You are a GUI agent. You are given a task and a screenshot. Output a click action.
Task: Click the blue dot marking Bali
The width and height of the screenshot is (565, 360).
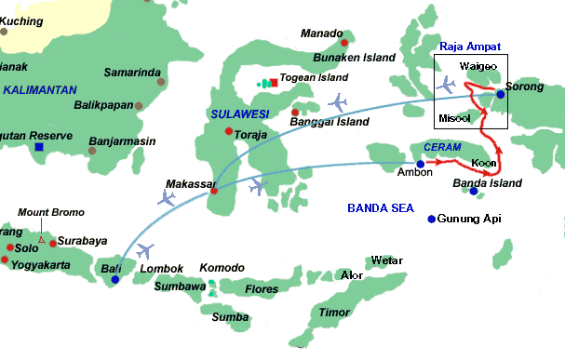coord(114,279)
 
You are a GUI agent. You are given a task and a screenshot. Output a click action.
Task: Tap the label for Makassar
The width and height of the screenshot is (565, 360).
coord(190,184)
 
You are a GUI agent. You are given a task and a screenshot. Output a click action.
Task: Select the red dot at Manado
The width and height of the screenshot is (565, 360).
coord(344,43)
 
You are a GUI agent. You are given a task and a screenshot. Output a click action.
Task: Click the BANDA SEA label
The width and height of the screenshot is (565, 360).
coord(379,207)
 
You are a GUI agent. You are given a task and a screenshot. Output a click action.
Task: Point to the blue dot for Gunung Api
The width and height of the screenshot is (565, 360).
coord(431,220)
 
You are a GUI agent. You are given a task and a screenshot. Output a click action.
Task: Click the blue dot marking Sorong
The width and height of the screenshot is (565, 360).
coord(500,94)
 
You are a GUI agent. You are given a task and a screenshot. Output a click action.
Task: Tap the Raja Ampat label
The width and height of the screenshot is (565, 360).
coord(470,46)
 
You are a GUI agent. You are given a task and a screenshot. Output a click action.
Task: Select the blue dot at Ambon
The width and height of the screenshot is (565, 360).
coord(420,165)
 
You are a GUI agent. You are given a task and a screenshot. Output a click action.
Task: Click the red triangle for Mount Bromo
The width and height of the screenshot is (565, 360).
coord(41,239)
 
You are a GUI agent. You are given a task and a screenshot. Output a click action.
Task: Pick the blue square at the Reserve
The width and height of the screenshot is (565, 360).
coord(38,146)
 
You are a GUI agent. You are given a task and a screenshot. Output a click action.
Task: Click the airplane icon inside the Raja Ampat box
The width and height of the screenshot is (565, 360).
coord(447,86)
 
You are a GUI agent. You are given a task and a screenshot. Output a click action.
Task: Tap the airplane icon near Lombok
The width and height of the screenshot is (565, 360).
coord(145,250)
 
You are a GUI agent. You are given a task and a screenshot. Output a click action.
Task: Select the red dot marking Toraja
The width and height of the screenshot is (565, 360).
coord(229,130)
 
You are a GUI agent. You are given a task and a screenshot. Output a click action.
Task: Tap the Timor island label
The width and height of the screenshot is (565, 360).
coord(332,313)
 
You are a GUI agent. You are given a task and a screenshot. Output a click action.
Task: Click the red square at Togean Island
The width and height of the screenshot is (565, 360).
coord(274,83)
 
